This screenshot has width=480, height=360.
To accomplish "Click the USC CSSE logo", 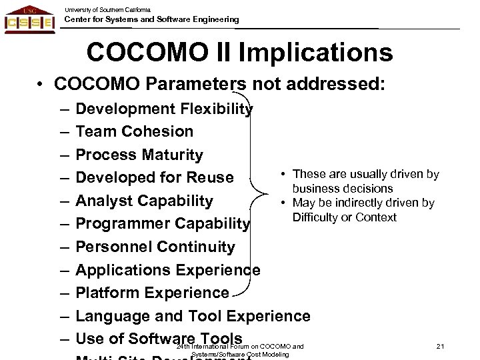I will tap(30, 19).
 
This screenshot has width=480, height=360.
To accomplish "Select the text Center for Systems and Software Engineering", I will tap(151, 20).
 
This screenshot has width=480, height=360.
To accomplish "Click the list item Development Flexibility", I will tap(164, 109).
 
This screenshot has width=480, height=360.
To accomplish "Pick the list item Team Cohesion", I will tap(135, 131).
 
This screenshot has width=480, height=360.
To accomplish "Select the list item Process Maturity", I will tap(139, 155).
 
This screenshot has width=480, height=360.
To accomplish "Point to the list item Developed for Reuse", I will tap(155, 178).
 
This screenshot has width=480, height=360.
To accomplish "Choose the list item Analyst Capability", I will tap(145, 201).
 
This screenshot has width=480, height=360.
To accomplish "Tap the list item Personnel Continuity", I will tap(155, 247).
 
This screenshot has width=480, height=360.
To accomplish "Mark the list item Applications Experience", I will tap(168, 270).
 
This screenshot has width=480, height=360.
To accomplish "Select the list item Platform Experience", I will tap(153, 293).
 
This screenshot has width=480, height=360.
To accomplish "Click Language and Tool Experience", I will tap(193, 316).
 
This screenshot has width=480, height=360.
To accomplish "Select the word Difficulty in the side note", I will tap(316, 217).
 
